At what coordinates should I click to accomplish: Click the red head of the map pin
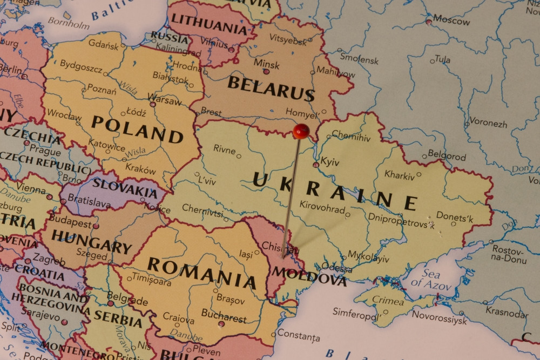301,131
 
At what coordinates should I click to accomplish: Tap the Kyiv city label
330,161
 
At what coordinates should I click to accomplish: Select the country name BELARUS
271,89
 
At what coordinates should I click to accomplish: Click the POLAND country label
137,129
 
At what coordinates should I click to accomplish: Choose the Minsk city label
267,64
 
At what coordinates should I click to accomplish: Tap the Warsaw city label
165,101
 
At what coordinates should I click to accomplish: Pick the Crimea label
388,301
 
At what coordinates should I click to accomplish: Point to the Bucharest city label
224,315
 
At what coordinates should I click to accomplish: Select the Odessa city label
337,268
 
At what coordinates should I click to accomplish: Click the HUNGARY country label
91,241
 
